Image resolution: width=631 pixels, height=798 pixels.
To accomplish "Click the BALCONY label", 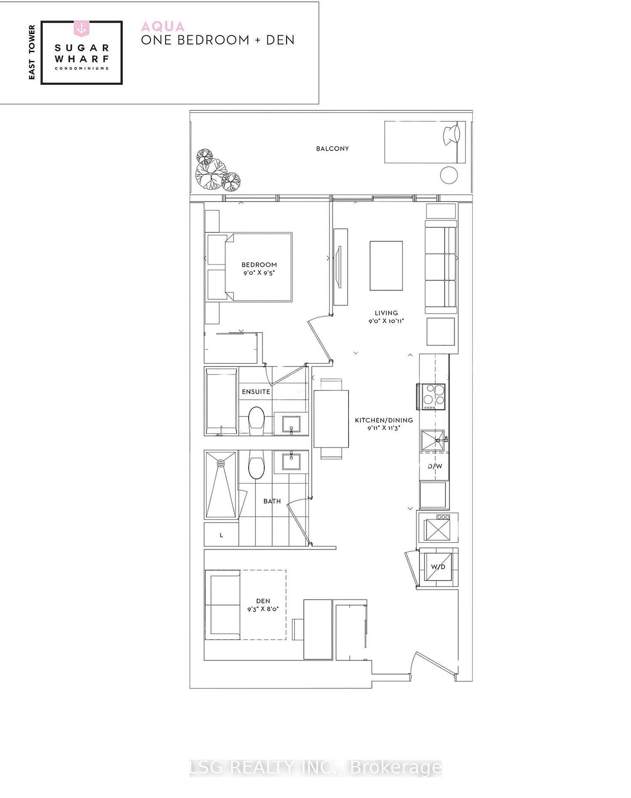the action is click(332, 149).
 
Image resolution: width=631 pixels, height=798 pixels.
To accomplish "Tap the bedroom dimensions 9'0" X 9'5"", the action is click(259, 273).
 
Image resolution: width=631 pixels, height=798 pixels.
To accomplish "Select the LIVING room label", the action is click(386, 313).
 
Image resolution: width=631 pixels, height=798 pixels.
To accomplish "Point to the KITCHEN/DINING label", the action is click(384, 420).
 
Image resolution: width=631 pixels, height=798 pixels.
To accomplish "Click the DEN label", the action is click(263, 601).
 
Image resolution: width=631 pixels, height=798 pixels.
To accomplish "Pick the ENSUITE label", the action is click(256, 392).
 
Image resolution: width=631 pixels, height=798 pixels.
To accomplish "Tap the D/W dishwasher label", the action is click(435, 466).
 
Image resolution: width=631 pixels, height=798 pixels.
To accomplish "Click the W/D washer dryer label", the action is click(438, 567).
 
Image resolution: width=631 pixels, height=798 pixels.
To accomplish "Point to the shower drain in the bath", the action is click(221, 463).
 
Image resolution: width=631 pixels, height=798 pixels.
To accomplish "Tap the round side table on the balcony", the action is click(449, 175).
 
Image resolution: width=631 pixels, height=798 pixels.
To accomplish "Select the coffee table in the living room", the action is click(386, 265).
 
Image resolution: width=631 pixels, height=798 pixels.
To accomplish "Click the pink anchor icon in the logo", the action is click(81, 29).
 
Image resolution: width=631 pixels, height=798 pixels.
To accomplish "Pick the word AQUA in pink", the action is click(163, 26).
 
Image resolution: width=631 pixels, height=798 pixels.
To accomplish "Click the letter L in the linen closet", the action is click(221, 535).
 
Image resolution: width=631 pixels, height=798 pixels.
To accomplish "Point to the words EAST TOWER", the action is click(32, 52).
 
